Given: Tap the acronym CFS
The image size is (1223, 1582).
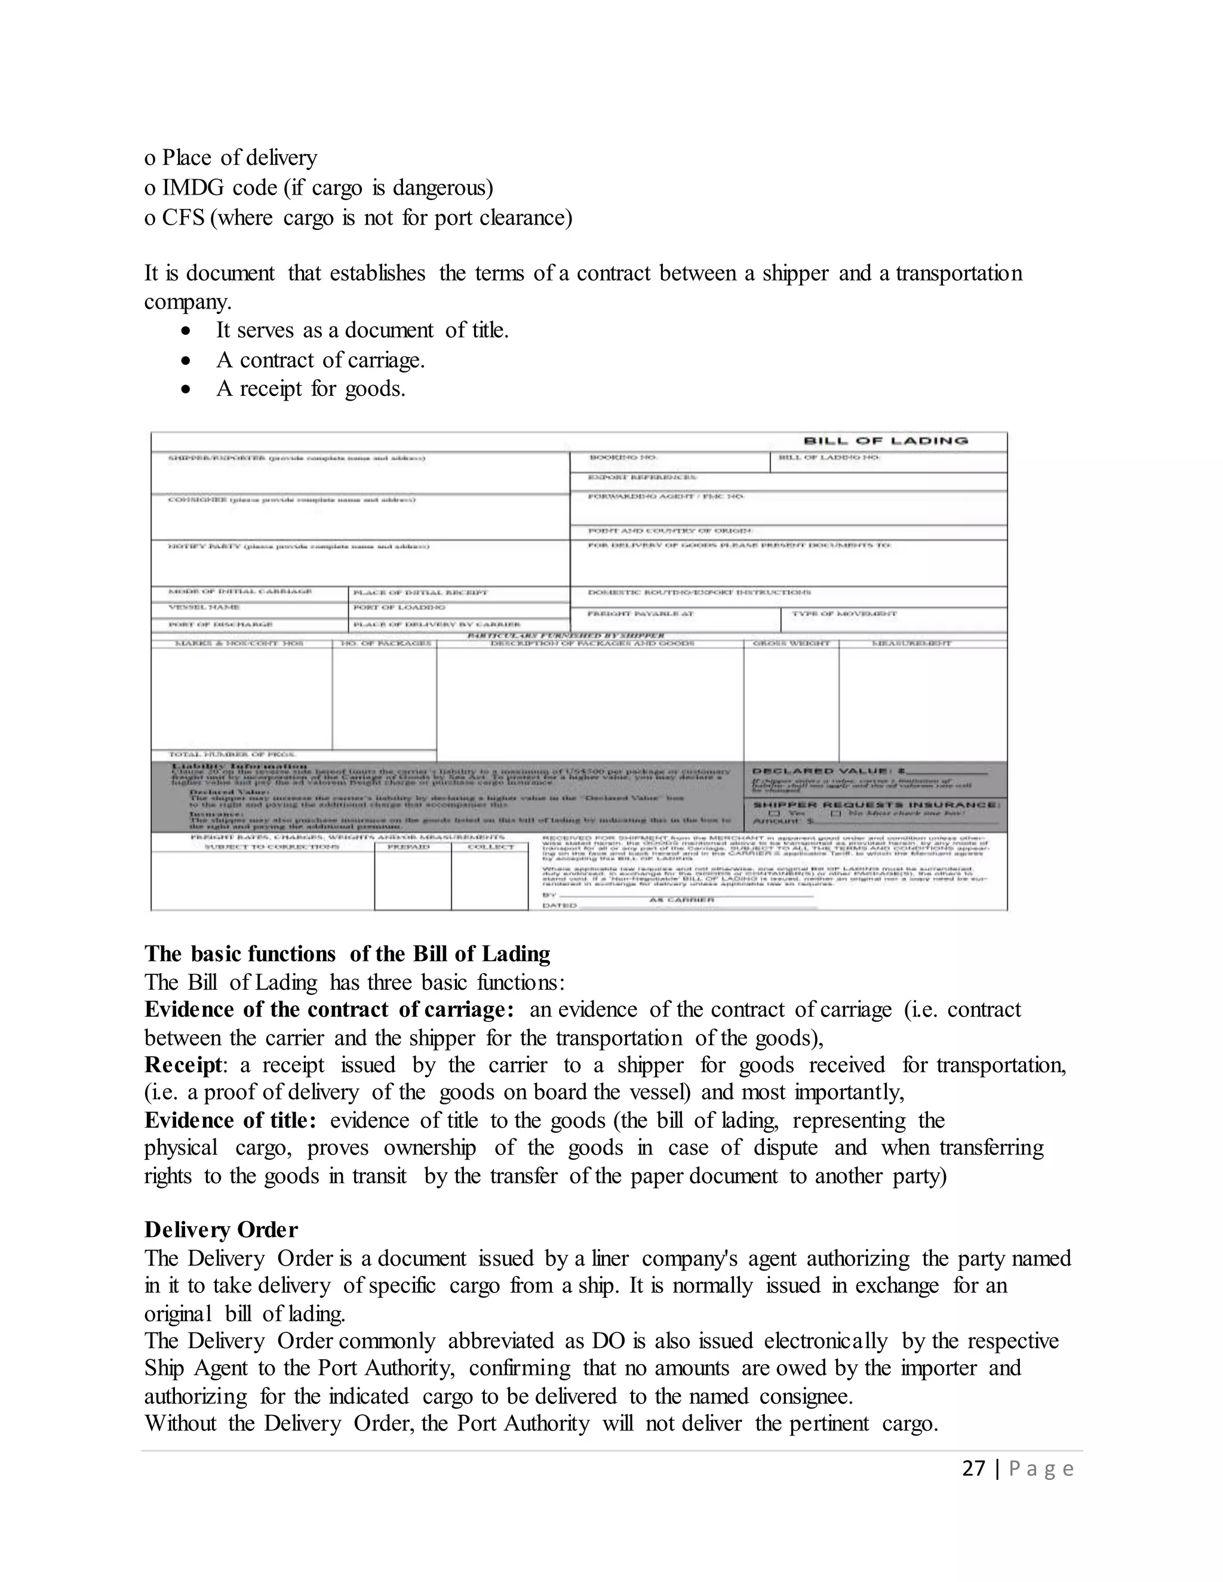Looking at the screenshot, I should pos(183,218).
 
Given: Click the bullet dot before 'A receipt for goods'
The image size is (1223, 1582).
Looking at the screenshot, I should pos(187,390).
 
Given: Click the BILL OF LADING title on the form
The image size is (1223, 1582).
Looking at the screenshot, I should pos(886,441).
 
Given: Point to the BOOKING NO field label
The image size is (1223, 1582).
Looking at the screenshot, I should pos(623,458).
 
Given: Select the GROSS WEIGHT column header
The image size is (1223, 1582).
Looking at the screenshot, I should pos(791,643).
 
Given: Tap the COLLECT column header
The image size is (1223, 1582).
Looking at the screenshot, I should pos(490,847).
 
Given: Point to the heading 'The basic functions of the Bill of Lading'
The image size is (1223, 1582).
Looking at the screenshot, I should pos(347,954).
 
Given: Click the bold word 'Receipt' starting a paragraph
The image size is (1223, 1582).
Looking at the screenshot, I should pos(183,1066).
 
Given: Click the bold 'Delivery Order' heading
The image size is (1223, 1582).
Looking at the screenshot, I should pos(221,1230).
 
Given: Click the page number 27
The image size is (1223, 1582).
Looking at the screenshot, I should pos(973,1469).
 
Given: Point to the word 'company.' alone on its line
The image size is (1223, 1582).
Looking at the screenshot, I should pos(188,302).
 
